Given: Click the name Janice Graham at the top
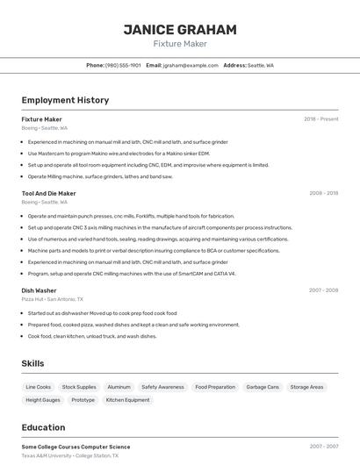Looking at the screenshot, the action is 180,30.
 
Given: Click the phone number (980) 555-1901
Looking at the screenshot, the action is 123,66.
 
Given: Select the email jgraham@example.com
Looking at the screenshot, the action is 190,66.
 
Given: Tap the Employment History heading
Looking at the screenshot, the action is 65,100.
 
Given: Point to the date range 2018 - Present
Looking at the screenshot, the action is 320,119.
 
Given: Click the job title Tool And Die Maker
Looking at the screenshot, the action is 49,193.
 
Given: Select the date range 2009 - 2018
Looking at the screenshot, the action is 323,193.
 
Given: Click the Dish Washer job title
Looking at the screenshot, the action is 39,290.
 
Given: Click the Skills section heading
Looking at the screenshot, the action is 33,363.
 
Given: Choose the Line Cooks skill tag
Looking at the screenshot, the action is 39,387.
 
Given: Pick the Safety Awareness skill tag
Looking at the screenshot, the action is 162,387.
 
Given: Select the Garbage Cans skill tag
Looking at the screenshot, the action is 262,387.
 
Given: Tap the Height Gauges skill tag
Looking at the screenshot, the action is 43,400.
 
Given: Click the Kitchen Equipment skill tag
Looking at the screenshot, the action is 127,400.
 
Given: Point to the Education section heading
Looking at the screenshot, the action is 43,428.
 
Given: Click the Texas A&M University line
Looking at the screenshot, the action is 70,456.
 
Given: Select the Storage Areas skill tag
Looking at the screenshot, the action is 306,387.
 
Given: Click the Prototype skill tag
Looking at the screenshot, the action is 83,400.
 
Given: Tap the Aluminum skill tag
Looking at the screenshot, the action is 119,387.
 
